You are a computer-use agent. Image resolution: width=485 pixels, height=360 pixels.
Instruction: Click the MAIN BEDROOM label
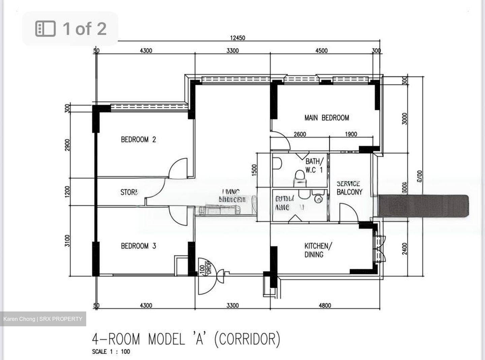pos(326,118)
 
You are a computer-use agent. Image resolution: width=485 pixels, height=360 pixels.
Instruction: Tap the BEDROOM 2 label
pos(138,140)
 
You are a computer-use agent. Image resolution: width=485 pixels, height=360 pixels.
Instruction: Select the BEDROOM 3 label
pos(138,246)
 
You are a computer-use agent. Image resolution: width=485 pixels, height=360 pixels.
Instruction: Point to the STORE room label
pos(129,192)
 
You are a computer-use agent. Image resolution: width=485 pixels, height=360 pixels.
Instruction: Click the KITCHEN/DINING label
pos(318,250)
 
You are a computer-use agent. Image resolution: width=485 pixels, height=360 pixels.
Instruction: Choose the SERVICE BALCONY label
pos(349,188)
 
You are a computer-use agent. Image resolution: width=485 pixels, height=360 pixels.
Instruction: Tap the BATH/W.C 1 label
pos(314,166)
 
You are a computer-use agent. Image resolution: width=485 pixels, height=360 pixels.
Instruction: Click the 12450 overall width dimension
pos(237,38)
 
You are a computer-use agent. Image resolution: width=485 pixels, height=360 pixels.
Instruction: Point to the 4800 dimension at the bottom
pos(325,305)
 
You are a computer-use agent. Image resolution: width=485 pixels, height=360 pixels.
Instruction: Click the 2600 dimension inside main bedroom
pos(300,134)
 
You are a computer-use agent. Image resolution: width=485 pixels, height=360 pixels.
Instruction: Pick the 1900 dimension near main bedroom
pos(351,134)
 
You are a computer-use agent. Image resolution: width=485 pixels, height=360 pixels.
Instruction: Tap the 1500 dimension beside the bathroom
pos(255,170)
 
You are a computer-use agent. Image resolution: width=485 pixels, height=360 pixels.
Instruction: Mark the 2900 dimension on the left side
pos(67,145)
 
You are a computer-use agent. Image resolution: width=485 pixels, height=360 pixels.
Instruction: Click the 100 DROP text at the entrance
pos(205,268)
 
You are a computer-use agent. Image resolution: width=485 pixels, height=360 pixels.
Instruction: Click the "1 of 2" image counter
pos(70,29)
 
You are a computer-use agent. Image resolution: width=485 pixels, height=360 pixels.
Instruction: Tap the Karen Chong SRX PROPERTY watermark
pos(43,319)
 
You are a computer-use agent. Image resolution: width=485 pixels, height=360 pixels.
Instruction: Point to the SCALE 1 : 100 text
pos(111,352)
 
